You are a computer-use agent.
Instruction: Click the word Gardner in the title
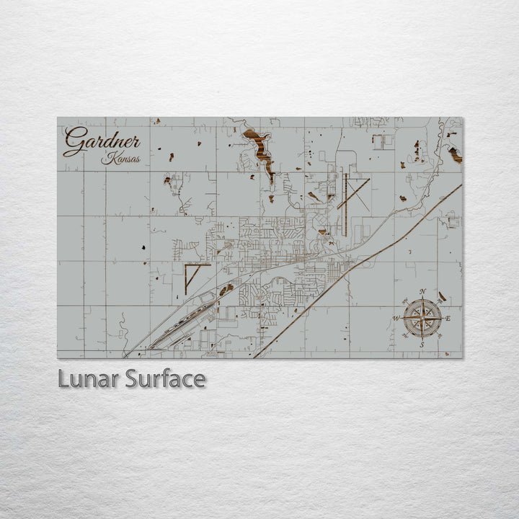[x=101, y=140]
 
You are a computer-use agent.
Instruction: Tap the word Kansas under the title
[x=121, y=159]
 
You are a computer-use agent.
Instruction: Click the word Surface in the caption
[x=165, y=378]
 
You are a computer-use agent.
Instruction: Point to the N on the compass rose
[x=422, y=292]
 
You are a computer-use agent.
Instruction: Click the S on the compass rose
[x=422, y=345]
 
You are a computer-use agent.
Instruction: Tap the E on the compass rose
[x=448, y=318]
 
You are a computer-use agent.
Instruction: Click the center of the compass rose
[x=422, y=318]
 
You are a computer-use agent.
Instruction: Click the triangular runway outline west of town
[x=193, y=275]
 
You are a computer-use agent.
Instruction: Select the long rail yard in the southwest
[x=184, y=321]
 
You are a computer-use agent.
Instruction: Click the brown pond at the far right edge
[x=456, y=154]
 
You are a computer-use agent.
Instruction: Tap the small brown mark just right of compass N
[x=441, y=296]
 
